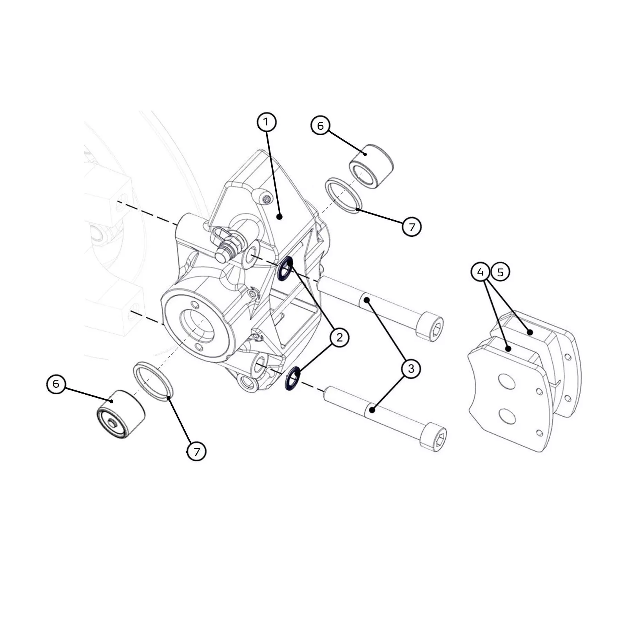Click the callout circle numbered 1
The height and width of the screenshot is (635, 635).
pyautogui.click(x=267, y=122)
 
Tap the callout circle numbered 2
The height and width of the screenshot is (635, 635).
pyautogui.click(x=339, y=337)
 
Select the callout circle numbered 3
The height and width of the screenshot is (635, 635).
pyautogui.click(x=411, y=368)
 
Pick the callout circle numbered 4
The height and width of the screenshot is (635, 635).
pyautogui.click(x=481, y=272)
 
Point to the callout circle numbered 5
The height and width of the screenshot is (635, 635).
pyautogui.click(x=500, y=272)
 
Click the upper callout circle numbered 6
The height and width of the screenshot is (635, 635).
pyautogui.click(x=321, y=125)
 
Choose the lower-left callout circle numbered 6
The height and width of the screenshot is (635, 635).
pyautogui.click(x=56, y=383)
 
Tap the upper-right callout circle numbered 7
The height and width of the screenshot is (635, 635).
pyautogui.click(x=412, y=227)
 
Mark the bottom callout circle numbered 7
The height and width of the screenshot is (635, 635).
pyautogui.click(x=196, y=452)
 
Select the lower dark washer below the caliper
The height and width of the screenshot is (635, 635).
pyautogui.click(x=293, y=379)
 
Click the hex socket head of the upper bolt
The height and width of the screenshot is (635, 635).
pyautogui.click(x=430, y=326)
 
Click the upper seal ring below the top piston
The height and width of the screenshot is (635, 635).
pyautogui.click(x=344, y=195)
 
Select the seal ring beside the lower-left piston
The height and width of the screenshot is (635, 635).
pyautogui.click(x=153, y=381)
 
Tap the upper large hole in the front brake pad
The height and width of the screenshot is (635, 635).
pyautogui.click(x=506, y=381)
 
